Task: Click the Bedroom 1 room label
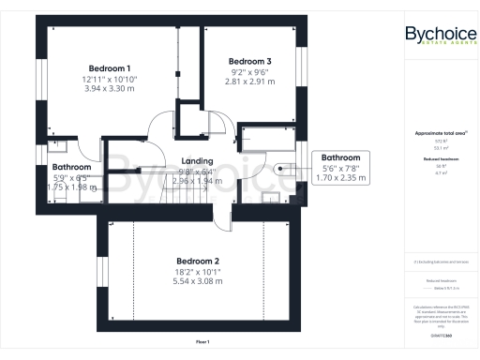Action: coord(110,68)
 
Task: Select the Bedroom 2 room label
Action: coord(198,261)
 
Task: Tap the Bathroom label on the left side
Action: coord(71,165)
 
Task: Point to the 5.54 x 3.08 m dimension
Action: coord(198,282)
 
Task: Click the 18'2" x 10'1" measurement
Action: coord(198,272)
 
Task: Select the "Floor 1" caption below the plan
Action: coord(202,341)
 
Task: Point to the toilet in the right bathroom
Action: coord(280,168)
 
